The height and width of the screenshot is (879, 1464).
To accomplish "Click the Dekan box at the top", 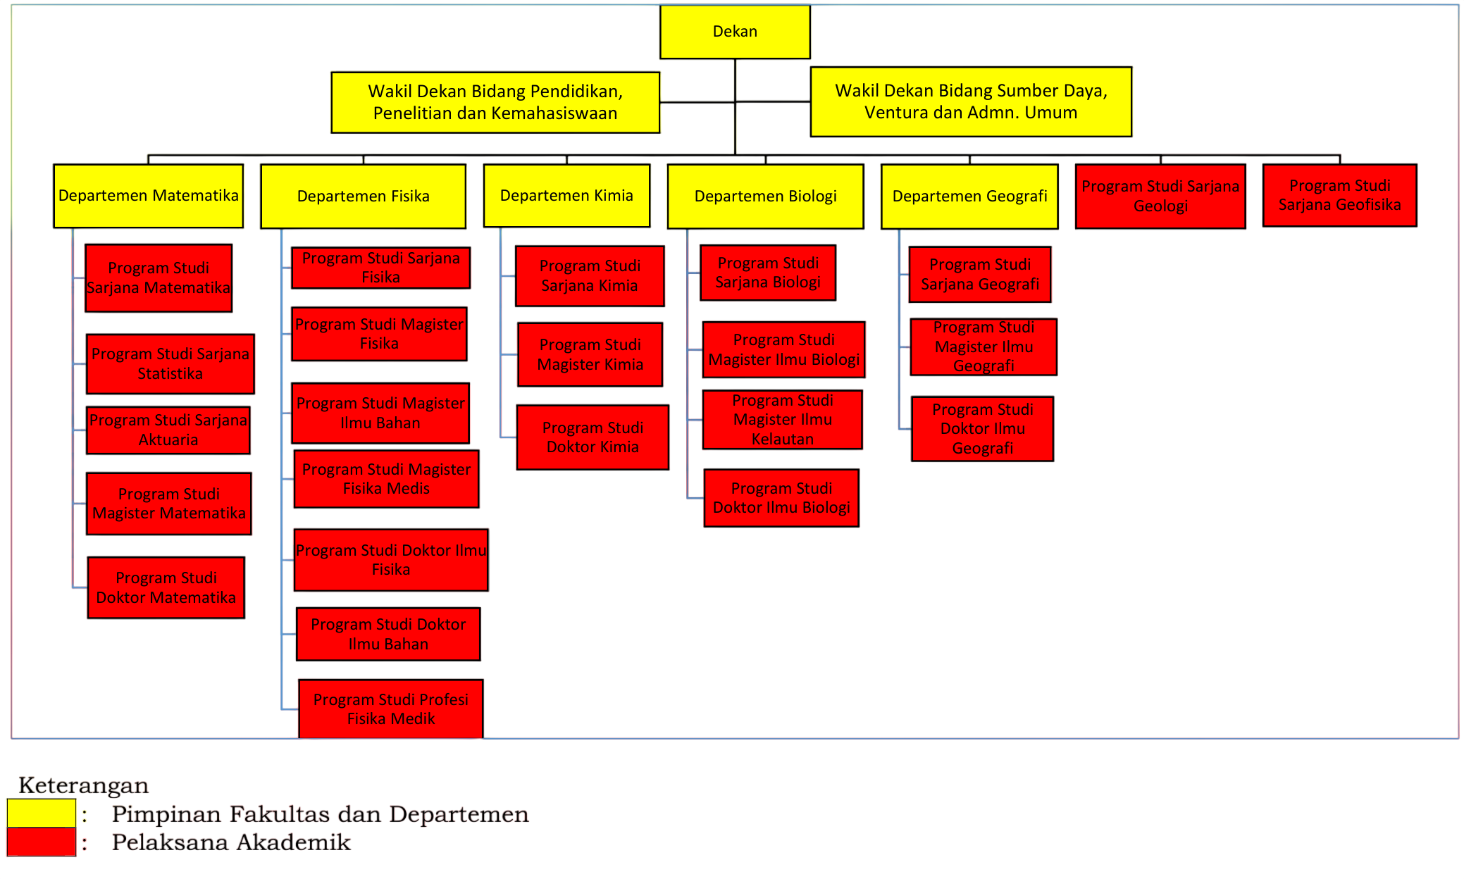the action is (x=735, y=32).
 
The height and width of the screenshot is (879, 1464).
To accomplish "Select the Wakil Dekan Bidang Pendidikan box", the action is (x=495, y=102).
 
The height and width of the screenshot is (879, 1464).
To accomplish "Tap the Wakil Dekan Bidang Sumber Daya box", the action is (x=971, y=101).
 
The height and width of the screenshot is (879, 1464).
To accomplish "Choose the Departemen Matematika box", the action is (x=149, y=196).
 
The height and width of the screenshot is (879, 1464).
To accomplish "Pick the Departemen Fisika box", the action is (x=364, y=196).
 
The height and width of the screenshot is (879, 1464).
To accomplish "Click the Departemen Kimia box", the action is (x=566, y=196).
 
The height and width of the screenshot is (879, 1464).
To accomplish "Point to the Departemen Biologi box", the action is (x=766, y=197).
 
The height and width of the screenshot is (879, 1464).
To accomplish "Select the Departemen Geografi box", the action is (x=969, y=197).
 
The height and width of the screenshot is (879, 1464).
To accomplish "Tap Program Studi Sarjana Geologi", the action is (x=1160, y=196).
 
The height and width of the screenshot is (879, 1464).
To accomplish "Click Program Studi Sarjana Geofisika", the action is (x=1339, y=195).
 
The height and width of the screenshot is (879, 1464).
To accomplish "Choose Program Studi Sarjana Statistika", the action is (x=170, y=363).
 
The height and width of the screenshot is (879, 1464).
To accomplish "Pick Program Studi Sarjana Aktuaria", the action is (x=168, y=430).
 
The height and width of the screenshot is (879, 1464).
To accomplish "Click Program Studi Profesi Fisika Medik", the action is (x=391, y=709).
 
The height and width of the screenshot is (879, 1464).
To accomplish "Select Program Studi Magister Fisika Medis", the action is (x=386, y=479).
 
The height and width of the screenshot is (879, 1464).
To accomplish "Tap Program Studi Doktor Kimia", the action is (x=593, y=437).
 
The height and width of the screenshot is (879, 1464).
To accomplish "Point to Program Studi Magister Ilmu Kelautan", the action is (x=783, y=420).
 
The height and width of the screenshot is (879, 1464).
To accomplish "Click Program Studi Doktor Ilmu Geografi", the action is (x=983, y=429).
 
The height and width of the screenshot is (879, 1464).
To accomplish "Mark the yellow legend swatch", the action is (x=42, y=813).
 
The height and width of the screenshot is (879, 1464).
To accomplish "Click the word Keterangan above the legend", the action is (x=84, y=785).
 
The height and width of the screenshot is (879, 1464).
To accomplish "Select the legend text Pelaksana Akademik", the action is (x=231, y=842).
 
